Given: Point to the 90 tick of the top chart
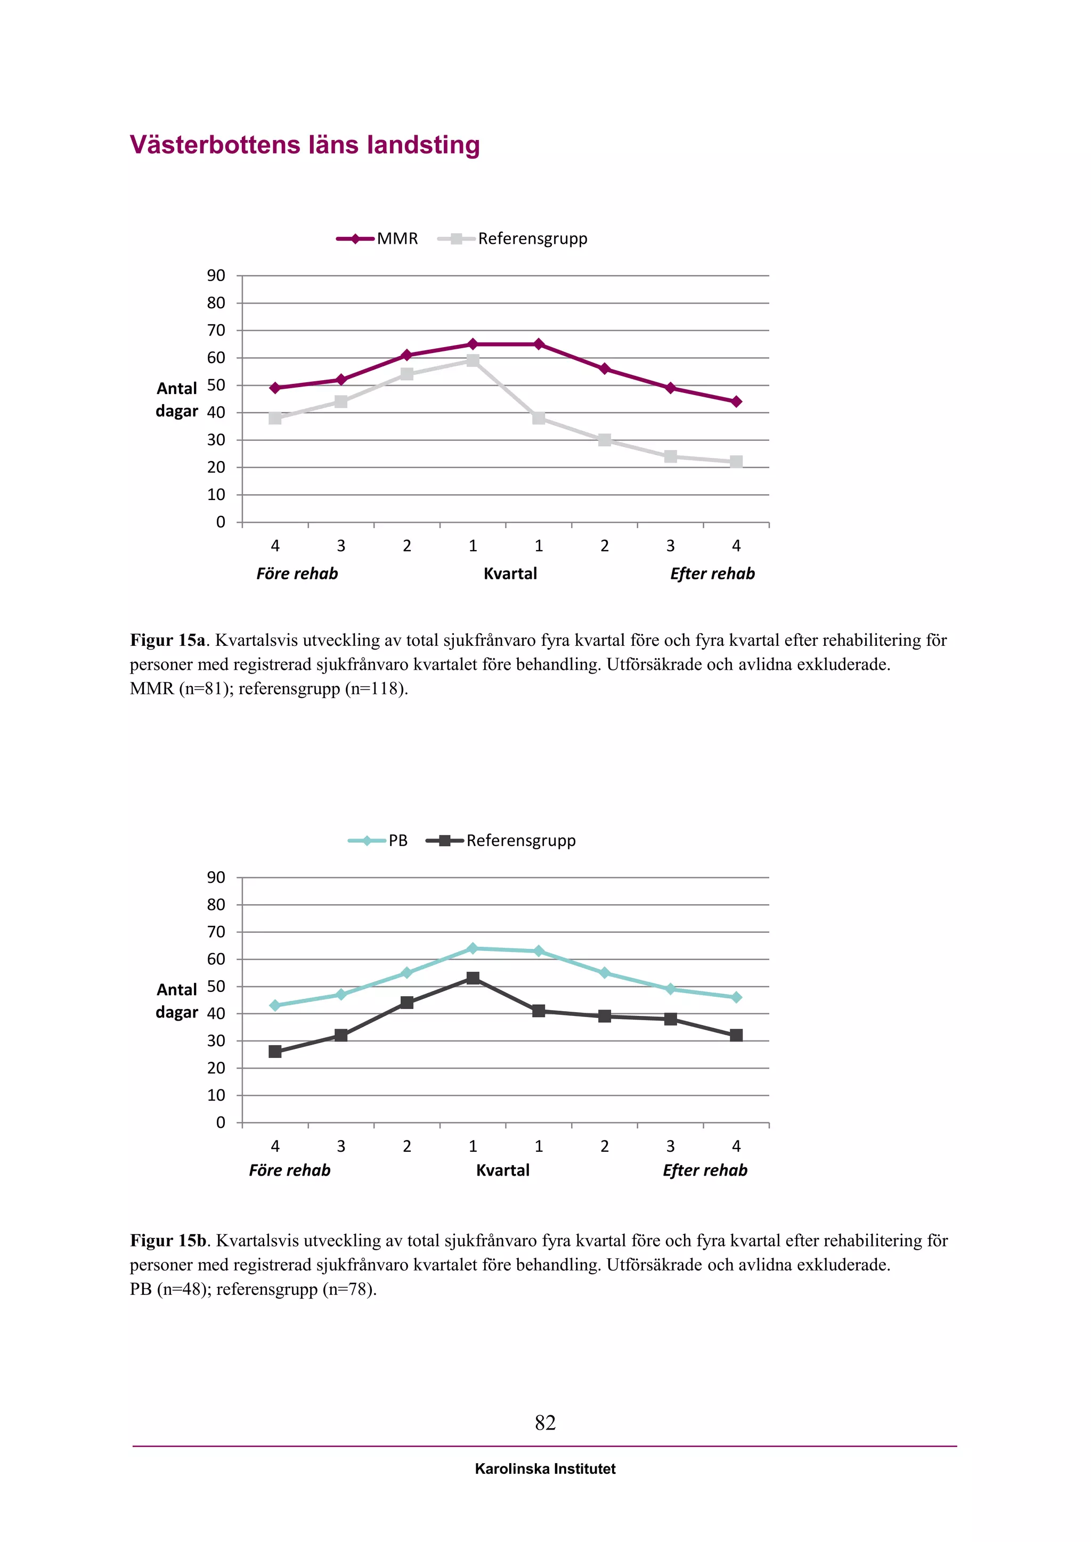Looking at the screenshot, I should point(216,275).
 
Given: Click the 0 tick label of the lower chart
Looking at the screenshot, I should point(221,1122).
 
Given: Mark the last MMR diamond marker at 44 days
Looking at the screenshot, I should point(736,401).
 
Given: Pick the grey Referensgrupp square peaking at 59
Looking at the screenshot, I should point(473,360).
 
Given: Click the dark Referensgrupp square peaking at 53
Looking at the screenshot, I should point(473,978).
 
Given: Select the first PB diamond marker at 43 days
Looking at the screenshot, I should point(275,1005).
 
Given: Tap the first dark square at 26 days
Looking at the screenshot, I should point(275,1052).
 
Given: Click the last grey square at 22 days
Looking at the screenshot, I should point(736,462).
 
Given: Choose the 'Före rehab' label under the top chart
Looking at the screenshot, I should point(297,573).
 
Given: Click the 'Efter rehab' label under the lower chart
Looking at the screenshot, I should point(705,1170).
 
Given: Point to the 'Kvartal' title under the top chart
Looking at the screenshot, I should point(510,573).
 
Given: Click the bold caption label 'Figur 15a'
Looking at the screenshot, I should point(167,640).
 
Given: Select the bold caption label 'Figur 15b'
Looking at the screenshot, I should point(168,1241).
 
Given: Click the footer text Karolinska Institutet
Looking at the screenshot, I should point(545,1469).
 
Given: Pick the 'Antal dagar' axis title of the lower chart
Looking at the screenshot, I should point(177,1000).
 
